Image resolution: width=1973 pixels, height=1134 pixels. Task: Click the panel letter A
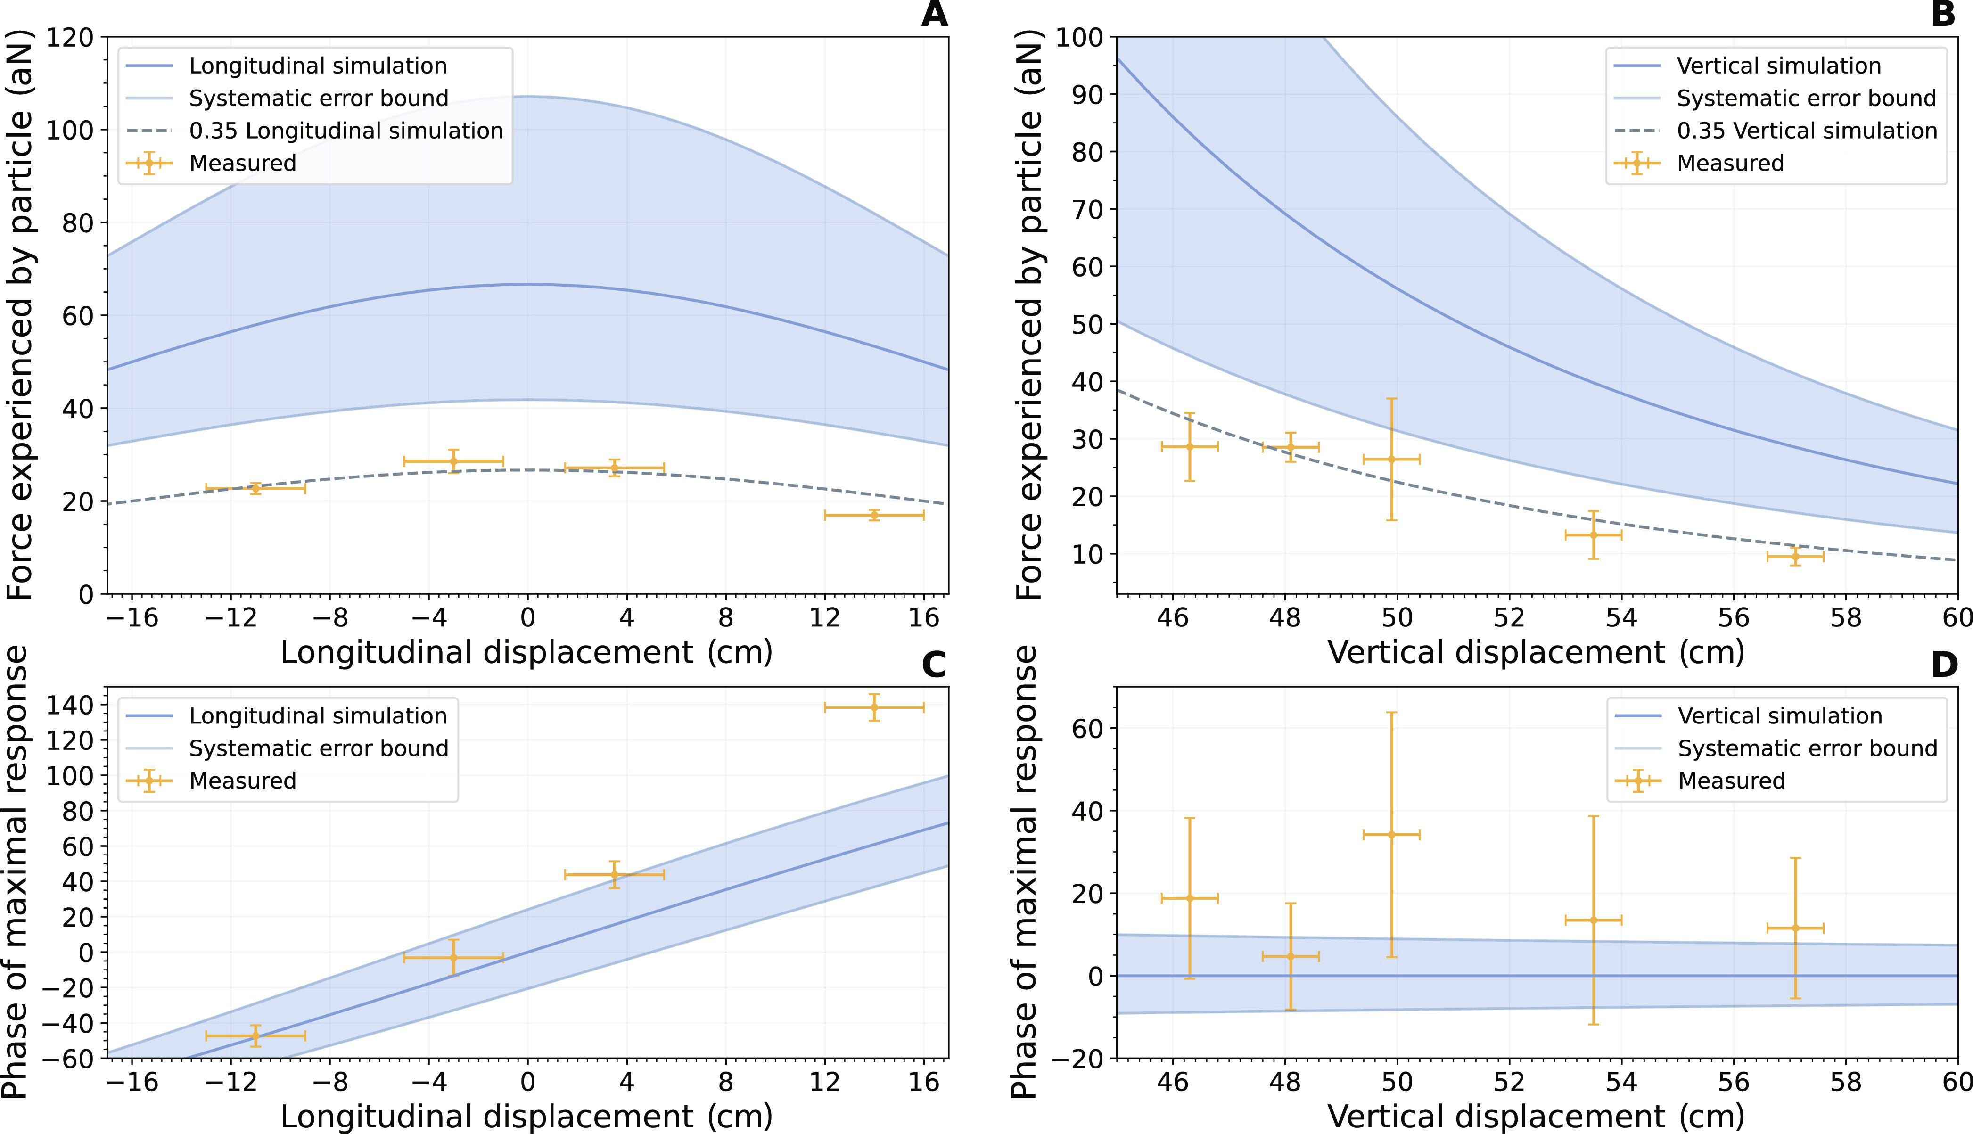point(934,15)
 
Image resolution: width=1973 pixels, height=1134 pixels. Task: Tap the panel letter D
point(1944,665)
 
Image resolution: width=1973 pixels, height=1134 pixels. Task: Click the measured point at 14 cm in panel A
point(873,515)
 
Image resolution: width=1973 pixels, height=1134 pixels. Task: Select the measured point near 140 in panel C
point(873,707)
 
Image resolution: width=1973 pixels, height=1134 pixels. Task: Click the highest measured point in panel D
point(1391,835)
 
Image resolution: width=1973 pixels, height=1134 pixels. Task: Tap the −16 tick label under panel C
point(132,1083)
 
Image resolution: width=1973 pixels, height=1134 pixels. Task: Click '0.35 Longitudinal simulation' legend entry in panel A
point(345,131)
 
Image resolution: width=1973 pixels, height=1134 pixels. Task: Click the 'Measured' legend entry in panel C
point(242,781)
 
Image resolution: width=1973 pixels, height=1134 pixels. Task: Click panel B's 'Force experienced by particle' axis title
point(1029,315)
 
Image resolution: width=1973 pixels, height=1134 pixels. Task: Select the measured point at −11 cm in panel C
point(255,1036)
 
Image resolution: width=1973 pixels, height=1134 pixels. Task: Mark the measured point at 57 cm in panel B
point(1795,557)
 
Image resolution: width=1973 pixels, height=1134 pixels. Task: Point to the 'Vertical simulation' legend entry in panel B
point(1778,66)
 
